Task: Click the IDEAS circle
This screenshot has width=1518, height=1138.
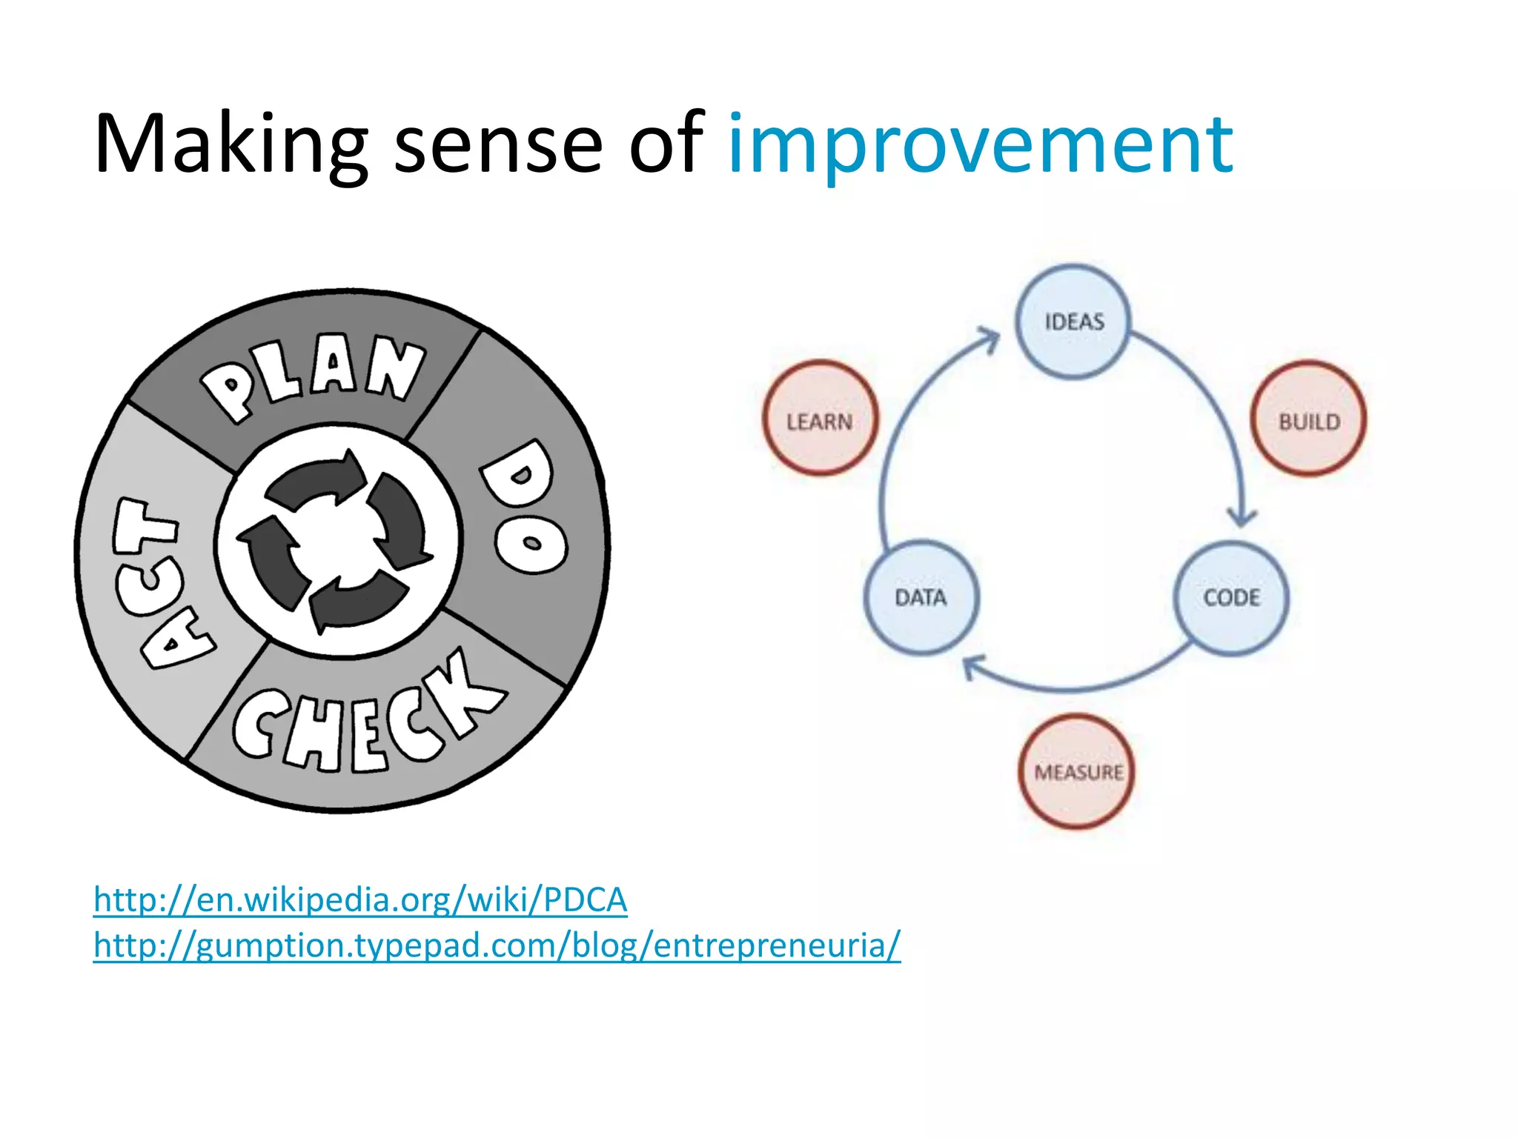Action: [1073, 322]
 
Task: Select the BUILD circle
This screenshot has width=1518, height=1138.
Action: [1308, 419]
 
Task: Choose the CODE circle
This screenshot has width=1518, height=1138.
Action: [1231, 598]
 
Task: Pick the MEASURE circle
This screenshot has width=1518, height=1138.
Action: [1077, 771]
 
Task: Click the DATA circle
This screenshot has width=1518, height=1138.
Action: [921, 598]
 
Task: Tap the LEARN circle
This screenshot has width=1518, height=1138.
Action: [820, 419]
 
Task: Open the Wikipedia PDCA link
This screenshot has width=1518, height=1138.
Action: [360, 900]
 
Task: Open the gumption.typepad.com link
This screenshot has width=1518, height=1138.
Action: [497, 946]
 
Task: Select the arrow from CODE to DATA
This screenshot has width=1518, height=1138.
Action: [1075, 685]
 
